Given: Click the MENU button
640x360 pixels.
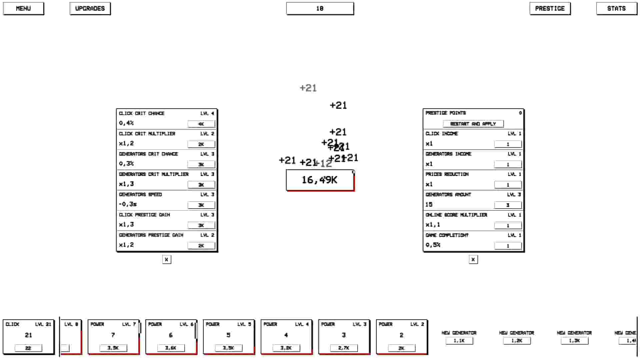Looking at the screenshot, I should click(x=23, y=9).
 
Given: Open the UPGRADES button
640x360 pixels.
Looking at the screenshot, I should click(x=90, y=9).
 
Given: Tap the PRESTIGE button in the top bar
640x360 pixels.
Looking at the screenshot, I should click(x=550, y=9).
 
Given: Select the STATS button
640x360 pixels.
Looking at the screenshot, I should click(x=616, y=9).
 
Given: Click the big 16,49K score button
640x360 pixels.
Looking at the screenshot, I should click(x=320, y=180).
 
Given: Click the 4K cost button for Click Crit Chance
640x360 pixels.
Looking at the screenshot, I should click(x=201, y=124).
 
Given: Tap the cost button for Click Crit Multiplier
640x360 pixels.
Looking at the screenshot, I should click(x=201, y=144).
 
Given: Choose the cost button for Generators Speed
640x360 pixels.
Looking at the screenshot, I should click(x=201, y=205).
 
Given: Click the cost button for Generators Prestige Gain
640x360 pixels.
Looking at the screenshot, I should click(x=201, y=246).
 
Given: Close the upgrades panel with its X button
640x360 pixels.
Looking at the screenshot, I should click(x=167, y=259).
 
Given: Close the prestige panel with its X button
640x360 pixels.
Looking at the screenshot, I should click(x=473, y=259).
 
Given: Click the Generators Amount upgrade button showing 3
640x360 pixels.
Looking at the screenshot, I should click(x=508, y=205).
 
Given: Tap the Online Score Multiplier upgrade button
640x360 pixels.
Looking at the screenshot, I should click(x=508, y=225).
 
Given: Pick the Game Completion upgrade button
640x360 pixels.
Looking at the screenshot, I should click(x=508, y=246).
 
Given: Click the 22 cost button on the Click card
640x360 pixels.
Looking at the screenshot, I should click(x=28, y=348).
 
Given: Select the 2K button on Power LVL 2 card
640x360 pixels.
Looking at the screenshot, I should click(x=401, y=348).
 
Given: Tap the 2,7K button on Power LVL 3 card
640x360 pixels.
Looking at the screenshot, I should click(x=344, y=348).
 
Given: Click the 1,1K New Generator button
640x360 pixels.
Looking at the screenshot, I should click(x=459, y=341).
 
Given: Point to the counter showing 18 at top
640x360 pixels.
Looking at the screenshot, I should click(x=320, y=9).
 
